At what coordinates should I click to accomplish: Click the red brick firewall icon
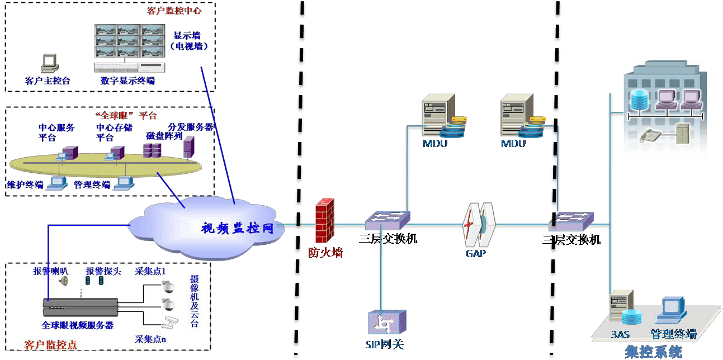click(325, 221)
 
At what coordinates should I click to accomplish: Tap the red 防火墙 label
click(325, 253)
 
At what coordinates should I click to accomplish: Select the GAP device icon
click(479, 225)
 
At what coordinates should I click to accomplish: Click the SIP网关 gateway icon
click(386, 323)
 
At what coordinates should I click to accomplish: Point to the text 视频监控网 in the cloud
click(237, 228)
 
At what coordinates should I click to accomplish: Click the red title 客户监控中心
click(174, 11)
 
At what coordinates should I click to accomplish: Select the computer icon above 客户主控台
click(49, 63)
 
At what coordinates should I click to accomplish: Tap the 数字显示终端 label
click(127, 81)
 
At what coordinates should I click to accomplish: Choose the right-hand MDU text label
click(513, 144)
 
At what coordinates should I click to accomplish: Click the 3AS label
click(621, 335)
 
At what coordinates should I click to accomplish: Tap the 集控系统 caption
click(653, 352)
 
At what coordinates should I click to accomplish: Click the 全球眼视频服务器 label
click(78, 325)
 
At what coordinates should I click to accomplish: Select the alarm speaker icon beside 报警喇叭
click(64, 281)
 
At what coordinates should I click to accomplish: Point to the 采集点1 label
click(150, 272)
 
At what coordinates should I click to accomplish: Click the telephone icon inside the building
click(649, 135)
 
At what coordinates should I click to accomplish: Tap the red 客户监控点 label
click(51, 344)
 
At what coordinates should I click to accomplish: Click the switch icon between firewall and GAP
click(387, 220)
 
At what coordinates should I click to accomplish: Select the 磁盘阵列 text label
click(164, 136)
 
